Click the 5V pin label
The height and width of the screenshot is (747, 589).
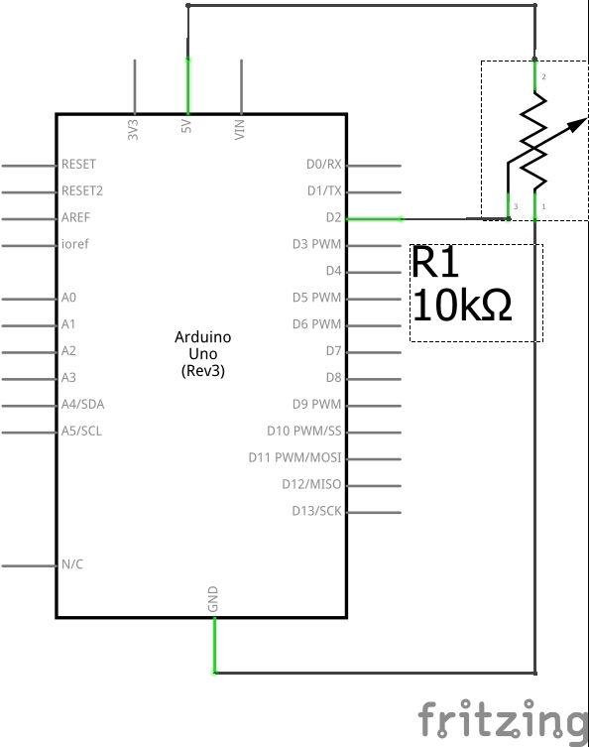coord(186,126)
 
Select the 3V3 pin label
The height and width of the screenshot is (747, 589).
coord(133,130)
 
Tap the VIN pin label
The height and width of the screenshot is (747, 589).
coord(240,130)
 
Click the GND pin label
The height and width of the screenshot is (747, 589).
coord(213,599)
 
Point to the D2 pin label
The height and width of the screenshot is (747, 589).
coord(334,217)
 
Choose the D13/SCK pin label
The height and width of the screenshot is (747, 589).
coord(316,511)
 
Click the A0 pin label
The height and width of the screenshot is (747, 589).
coord(68,298)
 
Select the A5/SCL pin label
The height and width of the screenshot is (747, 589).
coord(81,432)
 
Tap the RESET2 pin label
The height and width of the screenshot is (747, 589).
coord(82,191)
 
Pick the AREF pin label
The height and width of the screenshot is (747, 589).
coord(75,217)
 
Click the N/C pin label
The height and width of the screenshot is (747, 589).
coord(72,564)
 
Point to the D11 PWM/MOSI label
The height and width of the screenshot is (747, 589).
coord(295,458)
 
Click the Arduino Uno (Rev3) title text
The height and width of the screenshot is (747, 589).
coord(203,354)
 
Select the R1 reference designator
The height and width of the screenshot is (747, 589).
coord(434,262)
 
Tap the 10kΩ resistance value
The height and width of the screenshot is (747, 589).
coord(462,306)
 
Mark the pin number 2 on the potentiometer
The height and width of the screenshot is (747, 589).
coord(543,76)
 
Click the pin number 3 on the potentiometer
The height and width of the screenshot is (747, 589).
coord(516,206)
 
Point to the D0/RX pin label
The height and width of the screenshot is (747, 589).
coord(324,165)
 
